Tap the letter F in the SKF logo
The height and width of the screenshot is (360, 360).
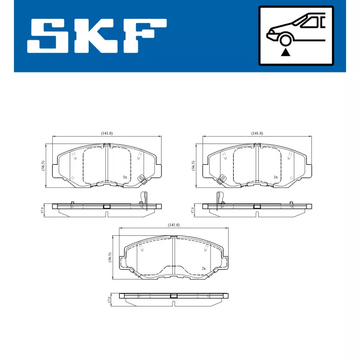143,35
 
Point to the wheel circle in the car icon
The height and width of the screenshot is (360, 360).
284,40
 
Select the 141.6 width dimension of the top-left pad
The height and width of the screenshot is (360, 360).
107,133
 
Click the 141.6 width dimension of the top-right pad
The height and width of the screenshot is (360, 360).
257,133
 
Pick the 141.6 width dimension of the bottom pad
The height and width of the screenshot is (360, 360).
174,225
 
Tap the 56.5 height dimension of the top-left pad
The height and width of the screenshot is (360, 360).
43,165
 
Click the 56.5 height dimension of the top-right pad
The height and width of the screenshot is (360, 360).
193,165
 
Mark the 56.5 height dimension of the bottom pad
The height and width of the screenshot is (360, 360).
109,257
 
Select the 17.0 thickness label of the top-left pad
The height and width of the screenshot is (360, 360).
42,210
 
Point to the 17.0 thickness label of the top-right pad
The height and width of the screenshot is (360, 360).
192,210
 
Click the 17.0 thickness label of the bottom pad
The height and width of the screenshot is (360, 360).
109,299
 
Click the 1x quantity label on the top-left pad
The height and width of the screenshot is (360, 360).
125,177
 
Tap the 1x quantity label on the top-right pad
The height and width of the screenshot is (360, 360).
275,177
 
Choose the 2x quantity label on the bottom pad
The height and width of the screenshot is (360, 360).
203,268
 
